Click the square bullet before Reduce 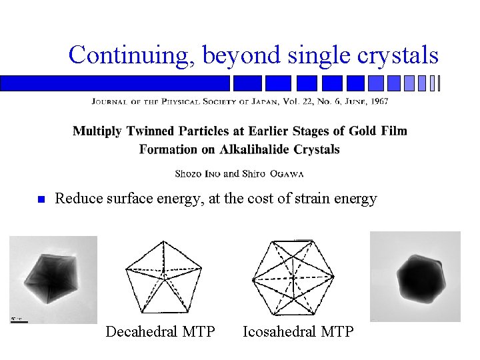[x=39, y=199]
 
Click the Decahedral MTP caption [x=160, y=331]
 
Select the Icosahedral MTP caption [x=298, y=331]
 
